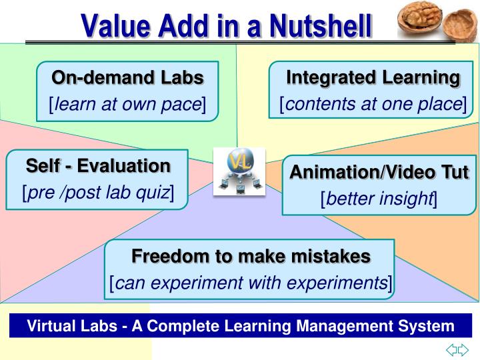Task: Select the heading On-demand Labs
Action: pos(127,78)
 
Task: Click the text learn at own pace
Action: pos(127,104)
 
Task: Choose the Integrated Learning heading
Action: pos(373,78)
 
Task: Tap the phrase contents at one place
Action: pos(373,104)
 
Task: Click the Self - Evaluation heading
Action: pos(98,165)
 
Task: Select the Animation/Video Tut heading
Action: pos(379,172)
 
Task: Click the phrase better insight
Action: pos(379,198)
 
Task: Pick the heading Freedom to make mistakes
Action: pos(250,256)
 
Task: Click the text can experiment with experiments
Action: pos(250,283)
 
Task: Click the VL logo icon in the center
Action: pos(239,171)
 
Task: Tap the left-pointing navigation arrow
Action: pos(451,349)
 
